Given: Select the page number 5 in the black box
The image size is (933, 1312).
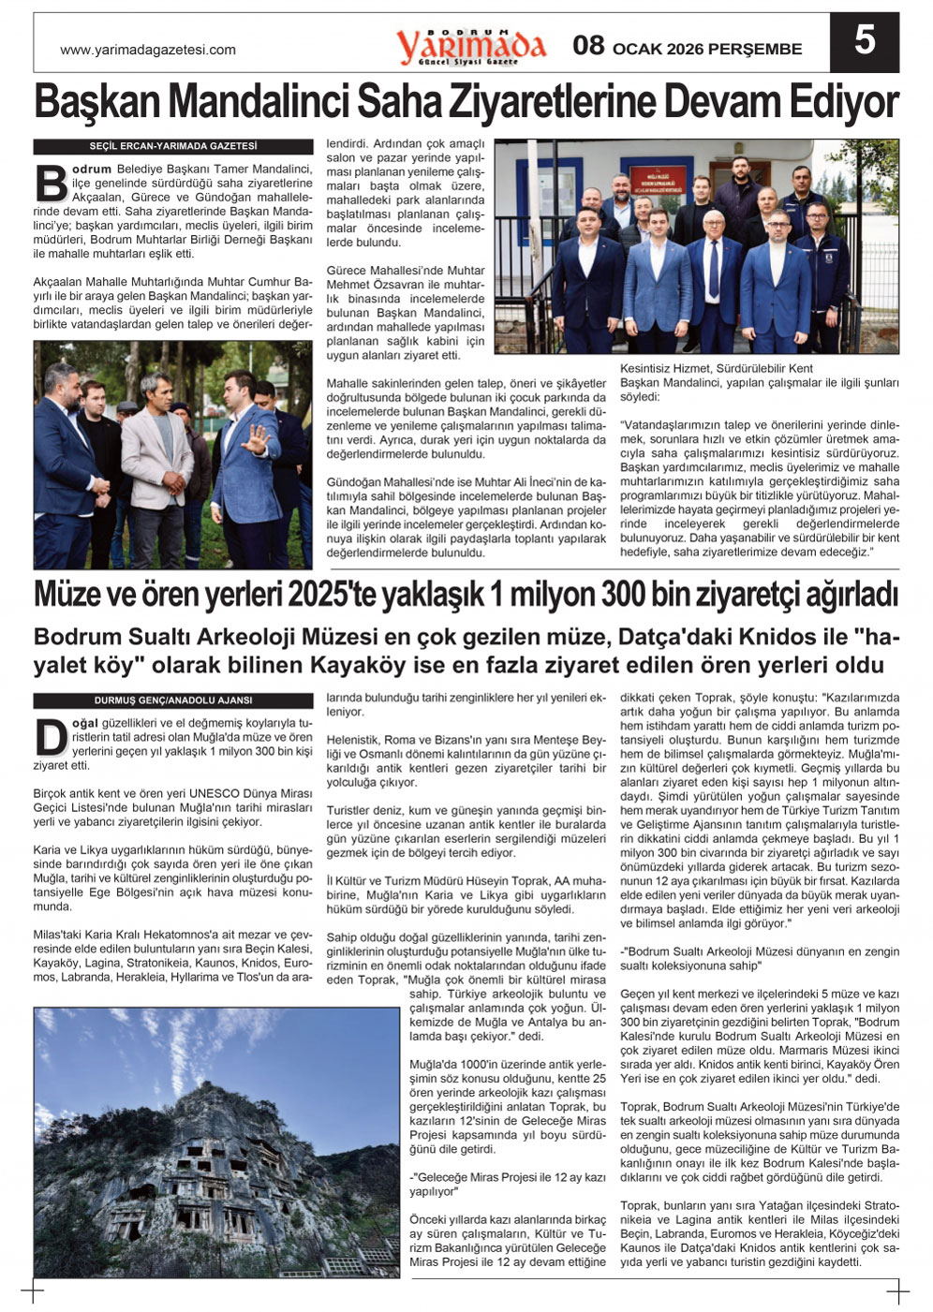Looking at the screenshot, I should [x=864, y=41].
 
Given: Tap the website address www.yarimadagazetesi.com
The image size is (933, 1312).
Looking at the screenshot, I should [x=148, y=50].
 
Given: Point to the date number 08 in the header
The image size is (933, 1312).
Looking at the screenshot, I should [x=588, y=46].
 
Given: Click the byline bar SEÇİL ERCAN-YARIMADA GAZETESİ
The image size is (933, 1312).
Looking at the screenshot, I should [x=173, y=146].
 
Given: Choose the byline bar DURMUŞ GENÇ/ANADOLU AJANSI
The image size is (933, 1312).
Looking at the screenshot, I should [x=173, y=700].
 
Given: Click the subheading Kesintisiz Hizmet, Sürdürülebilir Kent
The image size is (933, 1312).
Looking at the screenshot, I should [x=717, y=369].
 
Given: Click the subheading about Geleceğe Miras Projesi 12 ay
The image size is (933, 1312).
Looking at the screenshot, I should [x=508, y=1185].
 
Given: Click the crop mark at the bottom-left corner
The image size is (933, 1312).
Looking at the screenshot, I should [x=34, y=1293].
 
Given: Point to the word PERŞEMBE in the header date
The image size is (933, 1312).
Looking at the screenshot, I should [x=755, y=49].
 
